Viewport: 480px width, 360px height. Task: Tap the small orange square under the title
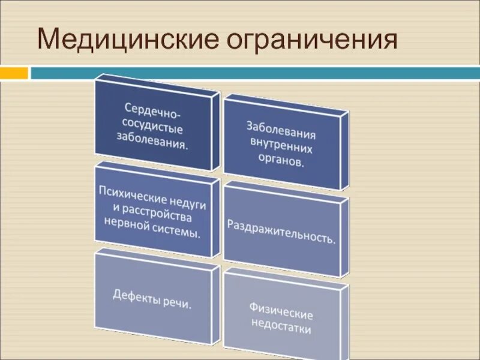(x=14, y=73)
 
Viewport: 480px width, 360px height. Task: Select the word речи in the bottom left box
(x=178, y=303)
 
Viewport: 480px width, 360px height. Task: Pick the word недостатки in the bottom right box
(x=282, y=328)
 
